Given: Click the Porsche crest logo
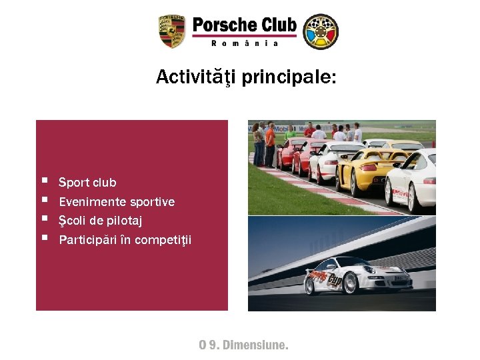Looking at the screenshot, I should coord(171,31).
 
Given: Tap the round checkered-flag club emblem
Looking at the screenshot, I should coord(321,31).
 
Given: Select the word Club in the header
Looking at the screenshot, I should coord(279,25).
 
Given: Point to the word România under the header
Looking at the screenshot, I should coord(244,43).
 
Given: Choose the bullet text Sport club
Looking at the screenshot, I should coord(87,183).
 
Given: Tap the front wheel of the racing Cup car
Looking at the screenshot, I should coord(309,287).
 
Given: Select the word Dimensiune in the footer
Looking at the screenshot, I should coord(255,345).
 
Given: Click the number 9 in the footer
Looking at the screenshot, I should coord(212,345).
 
